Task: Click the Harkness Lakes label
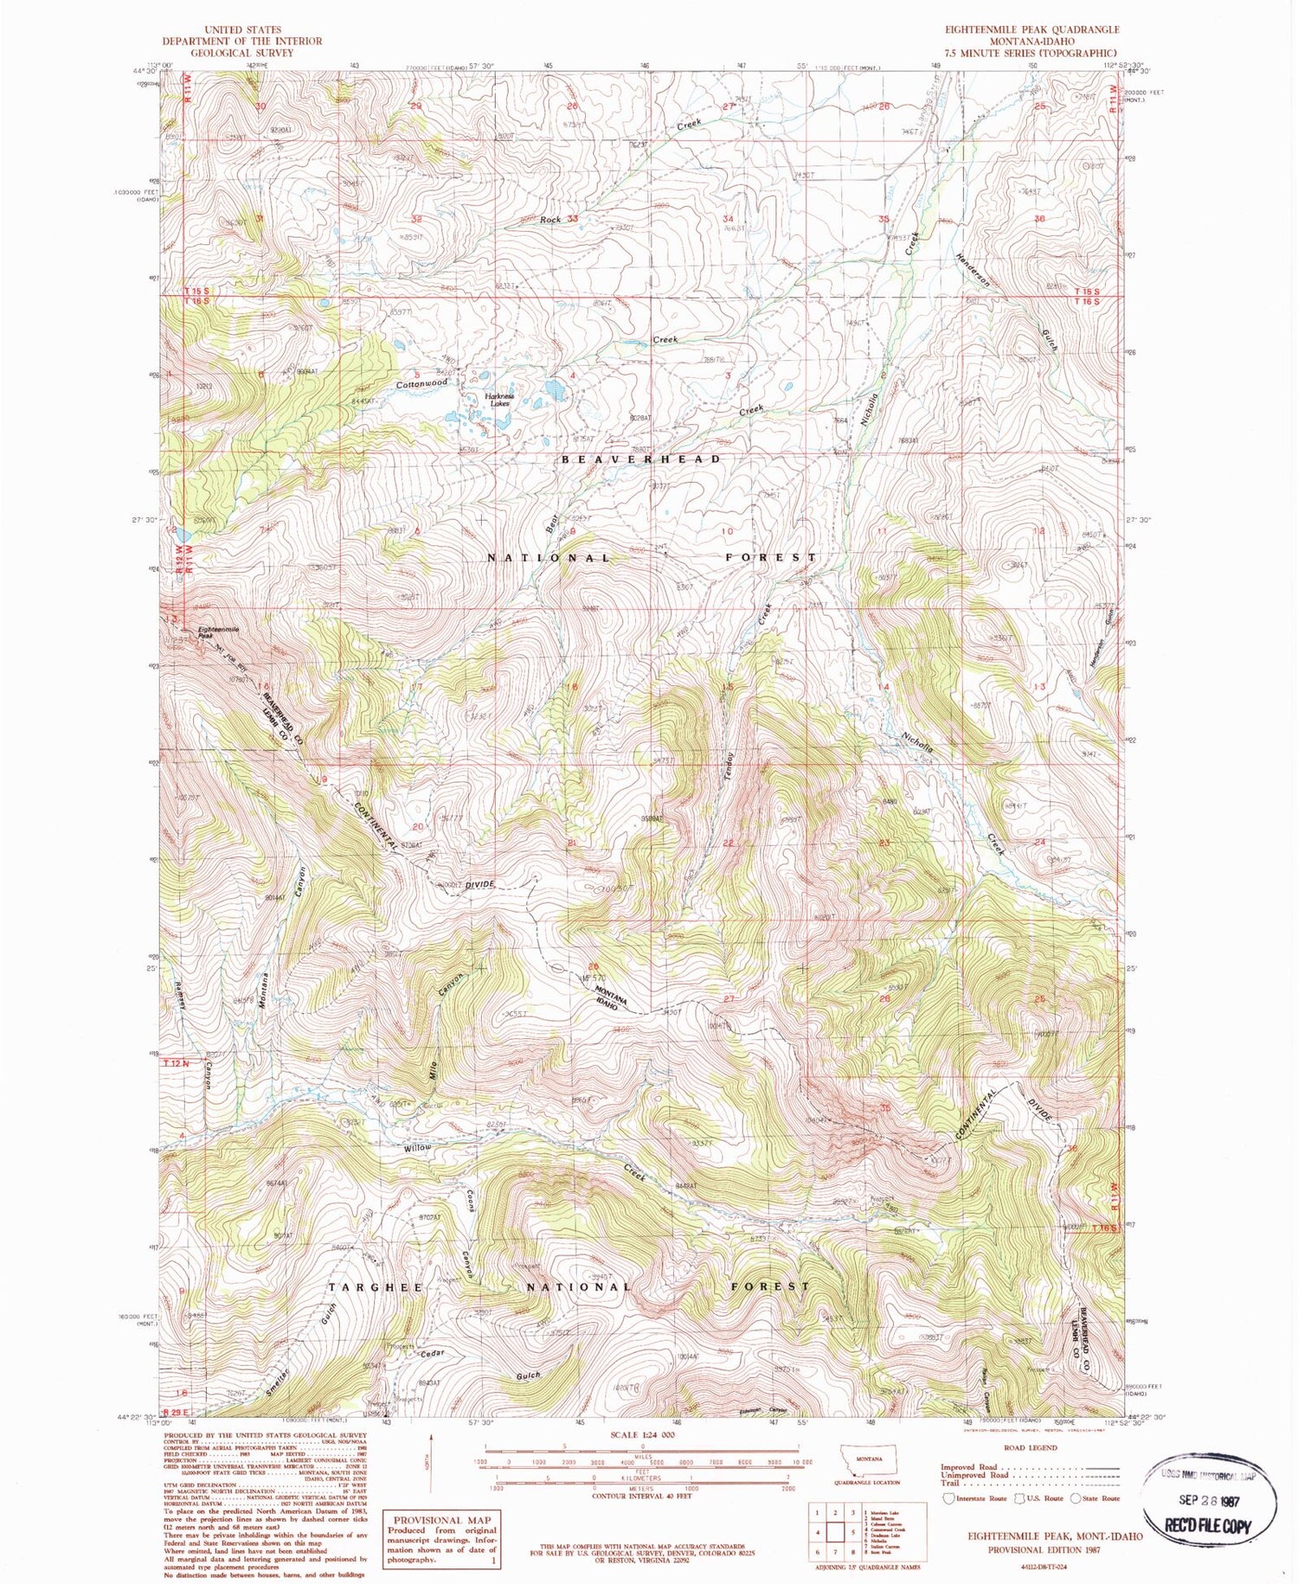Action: [500, 400]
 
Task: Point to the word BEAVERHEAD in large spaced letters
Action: [640, 459]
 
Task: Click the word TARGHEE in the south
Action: [376, 1287]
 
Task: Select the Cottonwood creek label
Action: [421, 383]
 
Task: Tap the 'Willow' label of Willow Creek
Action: [417, 1148]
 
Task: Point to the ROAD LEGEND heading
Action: [1030, 1447]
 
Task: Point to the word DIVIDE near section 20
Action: [479, 885]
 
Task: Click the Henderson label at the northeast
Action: [972, 271]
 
